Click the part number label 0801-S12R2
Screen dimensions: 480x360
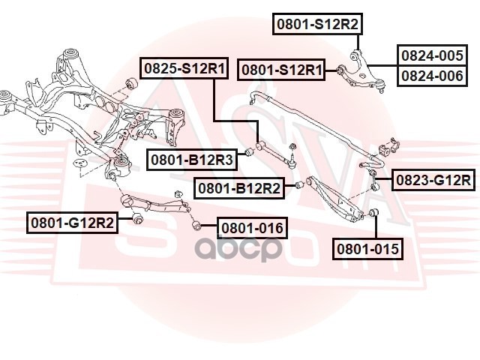click(317, 24)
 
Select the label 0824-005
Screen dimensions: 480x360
click(432, 55)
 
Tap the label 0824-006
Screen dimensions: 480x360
click(432, 76)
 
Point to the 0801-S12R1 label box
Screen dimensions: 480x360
click(282, 70)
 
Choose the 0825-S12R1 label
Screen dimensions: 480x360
click(184, 68)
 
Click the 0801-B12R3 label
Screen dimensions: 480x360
click(192, 160)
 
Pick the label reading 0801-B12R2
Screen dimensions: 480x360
click(239, 188)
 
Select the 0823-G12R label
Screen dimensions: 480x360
click(433, 180)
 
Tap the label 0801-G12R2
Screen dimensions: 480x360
click(72, 223)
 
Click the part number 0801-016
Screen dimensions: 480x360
click(252, 228)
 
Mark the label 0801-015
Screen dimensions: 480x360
click(367, 249)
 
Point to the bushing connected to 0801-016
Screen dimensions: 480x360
click(197, 225)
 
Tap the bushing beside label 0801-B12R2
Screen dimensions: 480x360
click(300, 185)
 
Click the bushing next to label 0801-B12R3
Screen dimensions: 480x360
click(250, 151)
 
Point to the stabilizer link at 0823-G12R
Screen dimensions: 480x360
click(374, 180)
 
